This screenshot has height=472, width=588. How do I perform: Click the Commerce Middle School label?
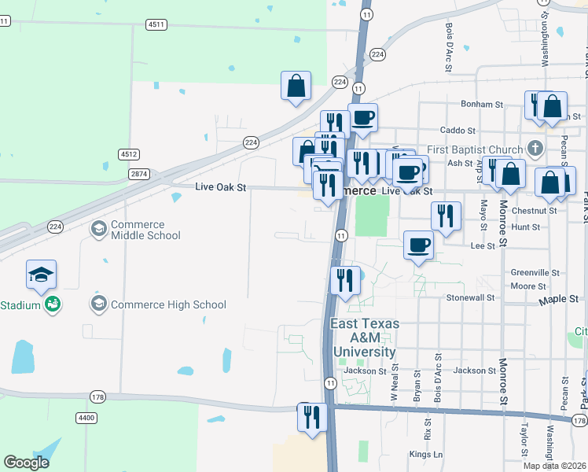coord(145,229)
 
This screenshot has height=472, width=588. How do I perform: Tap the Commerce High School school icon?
coord(99,304)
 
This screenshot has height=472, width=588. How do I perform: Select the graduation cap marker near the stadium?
coord(42,275)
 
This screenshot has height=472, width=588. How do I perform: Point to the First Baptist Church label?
coord(475,149)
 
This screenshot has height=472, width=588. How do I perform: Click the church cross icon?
coord(535,149)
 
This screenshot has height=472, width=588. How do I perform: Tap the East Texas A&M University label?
coord(365,337)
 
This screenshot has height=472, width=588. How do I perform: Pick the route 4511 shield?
coord(156,24)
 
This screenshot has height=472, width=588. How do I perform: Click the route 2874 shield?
coord(140,173)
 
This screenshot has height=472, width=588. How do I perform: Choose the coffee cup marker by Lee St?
coord(418,245)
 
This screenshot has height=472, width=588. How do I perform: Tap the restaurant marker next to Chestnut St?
coord(446,216)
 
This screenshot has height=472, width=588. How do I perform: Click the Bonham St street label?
coord(482,104)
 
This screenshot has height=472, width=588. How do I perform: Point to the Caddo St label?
coord(458,130)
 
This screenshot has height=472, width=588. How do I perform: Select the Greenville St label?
coord(535,272)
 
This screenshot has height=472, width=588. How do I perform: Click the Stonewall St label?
coord(470,298)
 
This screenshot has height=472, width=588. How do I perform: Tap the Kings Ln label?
coord(426,455)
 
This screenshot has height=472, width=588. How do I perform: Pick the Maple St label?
coord(558,301)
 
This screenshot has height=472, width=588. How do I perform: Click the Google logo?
coord(27,463)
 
